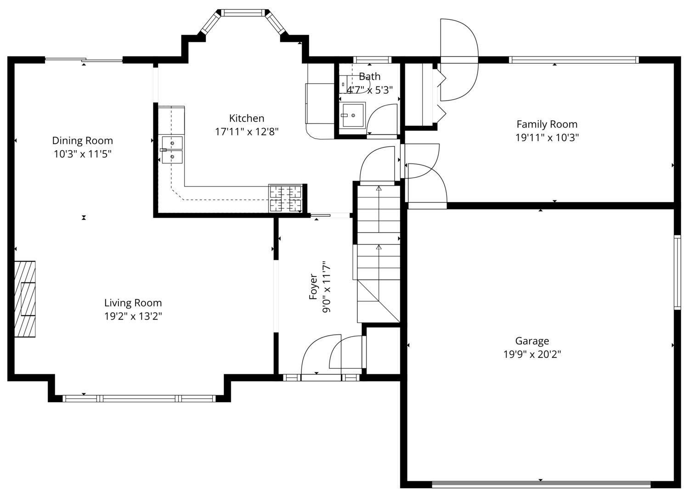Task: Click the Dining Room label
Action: pyautogui.click(x=82, y=141)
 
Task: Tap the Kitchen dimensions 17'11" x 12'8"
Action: pyautogui.click(x=247, y=132)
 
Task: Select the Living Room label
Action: pyautogui.click(x=133, y=303)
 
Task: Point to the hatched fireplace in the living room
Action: pyautogui.click(x=25, y=299)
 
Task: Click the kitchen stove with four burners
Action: pyautogui.click(x=285, y=198)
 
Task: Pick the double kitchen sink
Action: pyautogui.click(x=172, y=150)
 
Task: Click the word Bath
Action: pyautogui.click(x=369, y=76)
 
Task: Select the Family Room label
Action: pyautogui.click(x=547, y=124)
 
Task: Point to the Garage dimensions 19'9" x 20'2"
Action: pyautogui.click(x=532, y=355)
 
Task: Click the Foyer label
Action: pyautogui.click(x=313, y=287)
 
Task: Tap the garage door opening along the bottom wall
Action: pyautogui.click(x=541, y=485)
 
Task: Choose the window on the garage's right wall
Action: pyautogui.click(x=678, y=272)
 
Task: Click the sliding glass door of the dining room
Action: pyautogui.click(x=84, y=60)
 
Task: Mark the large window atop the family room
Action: pyautogui.click(x=574, y=60)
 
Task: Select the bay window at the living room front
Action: pyautogui.click(x=139, y=399)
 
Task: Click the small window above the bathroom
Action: pyautogui.click(x=372, y=60)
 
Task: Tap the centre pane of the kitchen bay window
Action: pyautogui.click(x=243, y=12)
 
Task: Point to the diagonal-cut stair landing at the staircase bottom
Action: pyautogui.click(x=378, y=301)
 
